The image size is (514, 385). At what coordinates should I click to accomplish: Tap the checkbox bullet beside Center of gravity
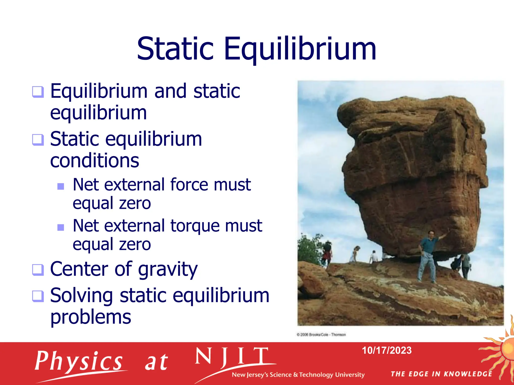(38, 270)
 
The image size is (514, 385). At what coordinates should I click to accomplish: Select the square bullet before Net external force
(61, 186)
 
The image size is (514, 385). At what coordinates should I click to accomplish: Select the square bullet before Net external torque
(61, 227)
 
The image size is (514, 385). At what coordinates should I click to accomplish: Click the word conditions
(95, 161)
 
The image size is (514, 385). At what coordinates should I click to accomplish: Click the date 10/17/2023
(387, 350)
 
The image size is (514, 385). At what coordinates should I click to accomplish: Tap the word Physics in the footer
(79, 361)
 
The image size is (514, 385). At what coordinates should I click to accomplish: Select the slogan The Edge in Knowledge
(441, 374)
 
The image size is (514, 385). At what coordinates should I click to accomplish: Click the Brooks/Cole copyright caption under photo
(321, 335)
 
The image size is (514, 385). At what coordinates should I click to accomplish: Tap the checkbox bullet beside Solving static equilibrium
(38, 296)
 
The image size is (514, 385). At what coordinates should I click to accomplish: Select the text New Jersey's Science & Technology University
(298, 375)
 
